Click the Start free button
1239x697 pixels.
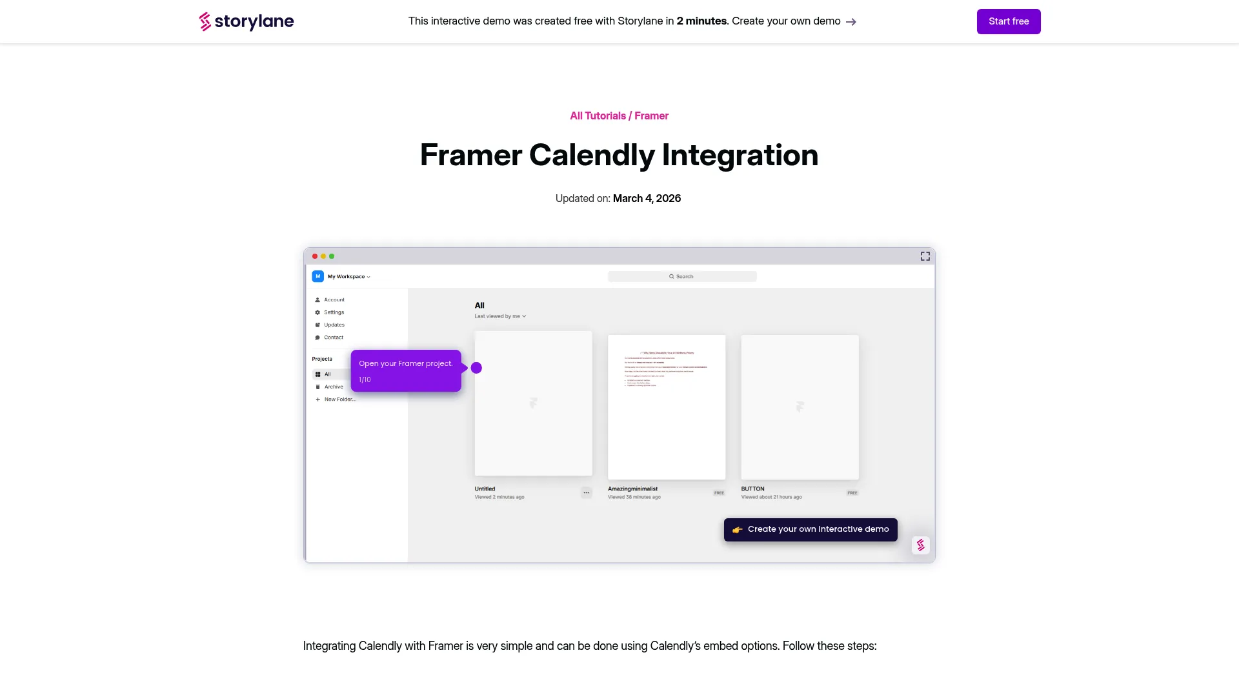point(1008,21)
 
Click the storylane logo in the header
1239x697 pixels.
point(247,21)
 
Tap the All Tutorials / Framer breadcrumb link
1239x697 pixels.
point(619,116)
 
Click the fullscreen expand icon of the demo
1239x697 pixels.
point(925,256)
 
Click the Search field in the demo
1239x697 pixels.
point(681,276)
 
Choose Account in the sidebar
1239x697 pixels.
point(334,300)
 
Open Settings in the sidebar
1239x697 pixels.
point(334,312)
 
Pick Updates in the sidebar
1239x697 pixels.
point(334,325)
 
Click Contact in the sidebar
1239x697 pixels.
point(333,338)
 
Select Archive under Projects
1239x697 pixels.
point(333,387)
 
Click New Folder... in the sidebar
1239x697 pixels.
point(339,399)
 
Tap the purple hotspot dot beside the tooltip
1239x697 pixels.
point(476,368)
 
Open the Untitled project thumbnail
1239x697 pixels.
point(533,403)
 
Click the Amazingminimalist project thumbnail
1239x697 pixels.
point(666,407)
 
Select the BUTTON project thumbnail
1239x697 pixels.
point(800,407)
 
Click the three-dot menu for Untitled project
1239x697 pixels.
point(586,493)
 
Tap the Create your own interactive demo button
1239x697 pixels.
point(811,530)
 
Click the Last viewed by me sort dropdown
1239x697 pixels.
point(500,316)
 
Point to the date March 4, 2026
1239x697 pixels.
point(647,199)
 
